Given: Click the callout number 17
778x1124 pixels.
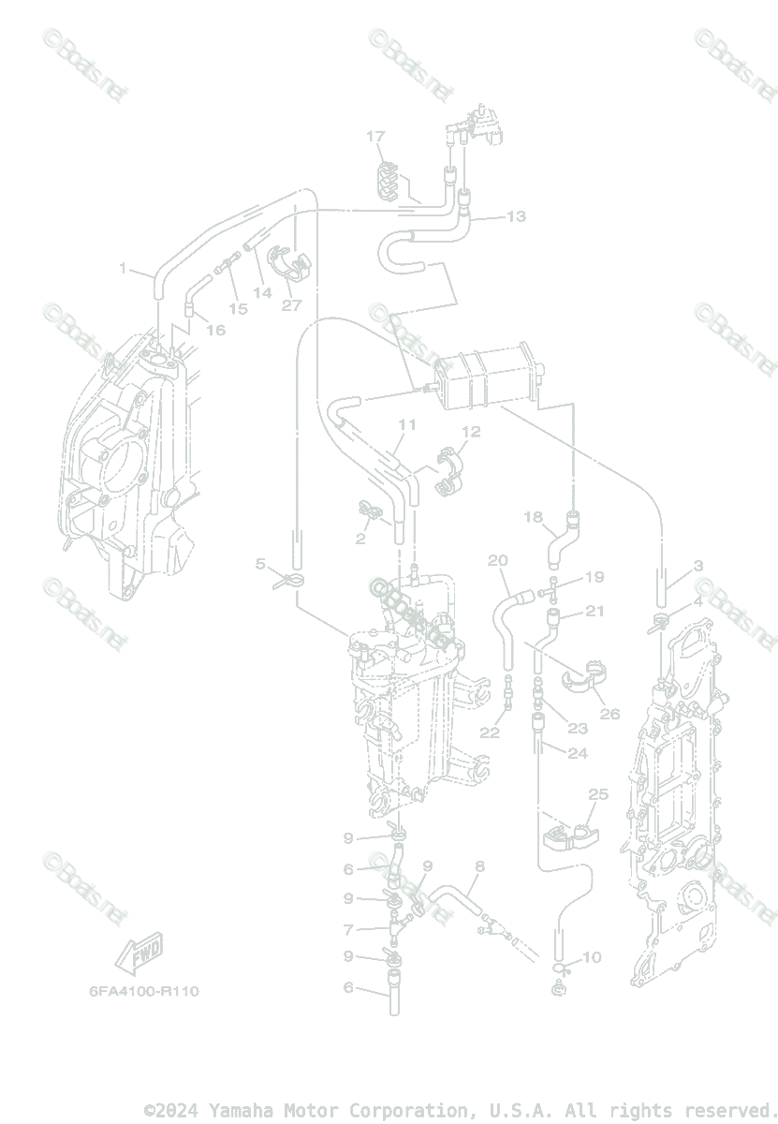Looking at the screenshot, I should click(x=375, y=138).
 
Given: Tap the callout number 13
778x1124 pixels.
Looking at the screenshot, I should click(x=516, y=216).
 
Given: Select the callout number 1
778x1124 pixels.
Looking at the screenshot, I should click(x=123, y=268).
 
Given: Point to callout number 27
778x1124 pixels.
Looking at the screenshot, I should click(x=291, y=305).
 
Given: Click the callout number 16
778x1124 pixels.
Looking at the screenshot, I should click(x=216, y=330).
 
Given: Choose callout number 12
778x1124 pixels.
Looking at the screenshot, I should click(x=470, y=432).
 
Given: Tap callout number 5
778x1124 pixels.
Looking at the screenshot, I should click(x=261, y=564).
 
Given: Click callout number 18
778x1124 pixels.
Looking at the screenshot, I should click(x=533, y=517).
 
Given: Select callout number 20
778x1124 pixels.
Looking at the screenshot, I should click(x=497, y=560).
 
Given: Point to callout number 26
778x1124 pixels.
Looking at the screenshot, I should click(x=609, y=714).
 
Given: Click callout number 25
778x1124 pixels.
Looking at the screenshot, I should click(x=597, y=794).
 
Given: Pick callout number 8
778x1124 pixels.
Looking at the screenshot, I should click(x=479, y=866).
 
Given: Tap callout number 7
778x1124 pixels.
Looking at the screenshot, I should click(x=348, y=930).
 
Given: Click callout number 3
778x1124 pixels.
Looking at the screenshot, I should click(x=698, y=566).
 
